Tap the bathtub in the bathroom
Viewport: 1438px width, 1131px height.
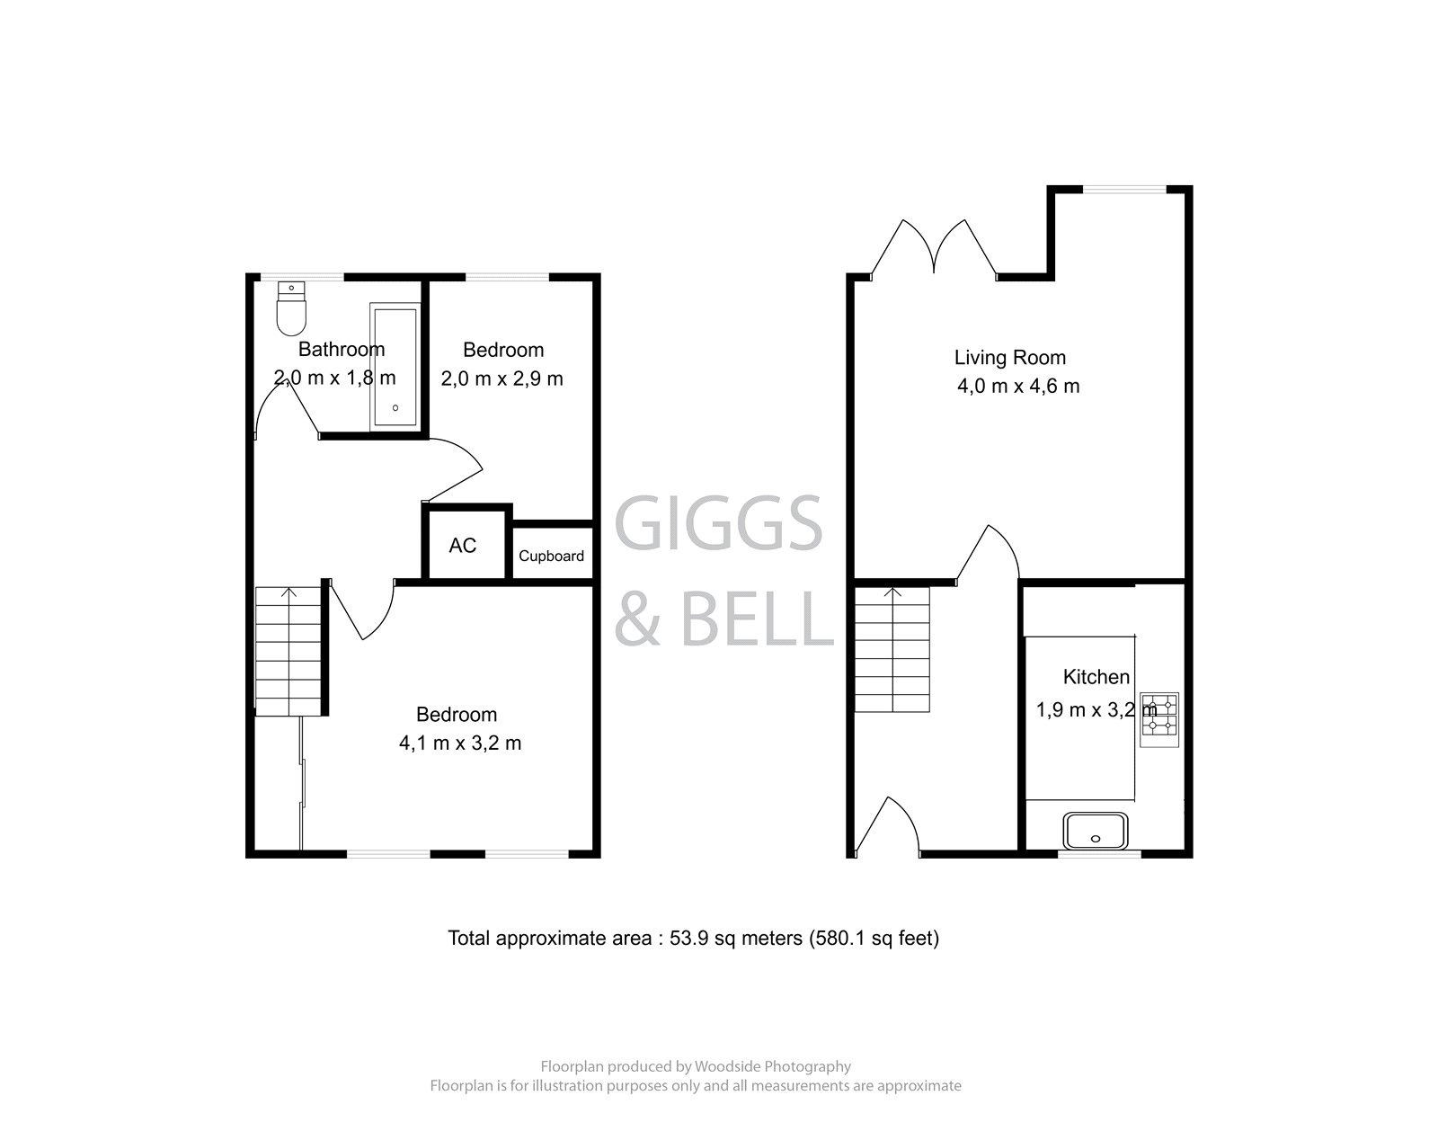pyautogui.click(x=395, y=367)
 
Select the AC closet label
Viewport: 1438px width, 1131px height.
pyautogui.click(x=462, y=546)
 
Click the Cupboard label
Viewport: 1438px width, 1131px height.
pyautogui.click(x=551, y=557)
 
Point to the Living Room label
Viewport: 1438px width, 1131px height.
pyautogui.click(x=1009, y=358)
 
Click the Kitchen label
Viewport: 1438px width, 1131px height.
pyautogui.click(x=1096, y=677)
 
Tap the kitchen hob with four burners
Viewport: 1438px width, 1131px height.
pyautogui.click(x=1158, y=719)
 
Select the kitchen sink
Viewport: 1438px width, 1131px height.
pyautogui.click(x=1095, y=831)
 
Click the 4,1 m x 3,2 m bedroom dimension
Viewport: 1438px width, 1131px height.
pyautogui.click(x=459, y=744)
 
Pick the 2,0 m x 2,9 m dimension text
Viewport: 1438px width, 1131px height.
pyautogui.click(x=502, y=378)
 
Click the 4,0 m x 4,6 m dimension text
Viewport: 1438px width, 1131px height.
pyautogui.click(x=1018, y=387)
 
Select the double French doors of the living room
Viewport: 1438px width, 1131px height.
pyautogui.click(x=935, y=246)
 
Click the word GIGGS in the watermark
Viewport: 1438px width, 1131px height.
pyautogui.click(x=718, y=524)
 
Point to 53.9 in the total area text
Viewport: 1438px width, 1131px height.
pyautogui.click(x=688, y=939)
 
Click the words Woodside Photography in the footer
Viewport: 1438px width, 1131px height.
pyautogui.click(x=771, y=1066)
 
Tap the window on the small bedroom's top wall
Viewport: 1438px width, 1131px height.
pyautogui.click(x=508, y=276)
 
